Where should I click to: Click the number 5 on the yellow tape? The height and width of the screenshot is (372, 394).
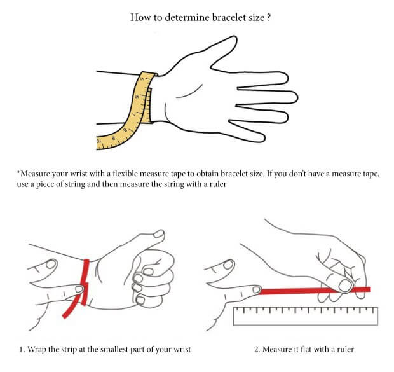(x=142, y=79)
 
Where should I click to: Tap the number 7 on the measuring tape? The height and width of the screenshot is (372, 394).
(x=133, y=114)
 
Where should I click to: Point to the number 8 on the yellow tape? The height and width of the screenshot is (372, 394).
(x=125, y=130)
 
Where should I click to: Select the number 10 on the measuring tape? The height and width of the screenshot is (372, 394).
(x=98, y=141)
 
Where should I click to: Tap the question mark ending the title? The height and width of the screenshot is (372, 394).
(x=269, y=17)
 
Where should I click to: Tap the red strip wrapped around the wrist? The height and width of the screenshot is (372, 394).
(x=85, y=282)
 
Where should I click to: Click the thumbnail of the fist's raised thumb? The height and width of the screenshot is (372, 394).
(x=159, y=234)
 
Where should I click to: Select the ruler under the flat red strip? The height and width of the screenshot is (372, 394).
(x=306, y=316)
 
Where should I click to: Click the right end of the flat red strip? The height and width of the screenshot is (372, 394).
(x=369, y=289)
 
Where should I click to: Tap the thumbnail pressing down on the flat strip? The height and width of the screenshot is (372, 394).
(x=345, y=286)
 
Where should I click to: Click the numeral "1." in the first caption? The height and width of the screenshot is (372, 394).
(x=22, y=349)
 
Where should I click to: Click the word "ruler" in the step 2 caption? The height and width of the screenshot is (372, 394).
(x=345, y=349)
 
